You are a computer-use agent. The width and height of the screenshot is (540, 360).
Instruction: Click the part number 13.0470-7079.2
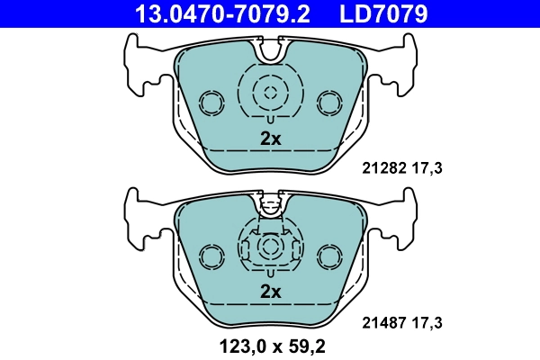pos(210,13)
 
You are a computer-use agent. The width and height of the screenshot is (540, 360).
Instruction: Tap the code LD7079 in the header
pos(382,13)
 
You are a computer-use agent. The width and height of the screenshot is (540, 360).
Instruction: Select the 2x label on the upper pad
pos(271,139)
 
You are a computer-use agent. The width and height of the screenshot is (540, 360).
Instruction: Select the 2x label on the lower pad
pos(271,292)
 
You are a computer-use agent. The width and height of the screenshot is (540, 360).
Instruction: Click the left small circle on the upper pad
pos(212,103)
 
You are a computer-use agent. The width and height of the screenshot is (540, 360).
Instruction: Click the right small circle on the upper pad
pos(328,103)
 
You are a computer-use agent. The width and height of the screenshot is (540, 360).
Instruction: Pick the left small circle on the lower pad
pos(212,256)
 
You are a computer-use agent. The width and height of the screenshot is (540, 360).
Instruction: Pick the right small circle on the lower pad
pos(328,256)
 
